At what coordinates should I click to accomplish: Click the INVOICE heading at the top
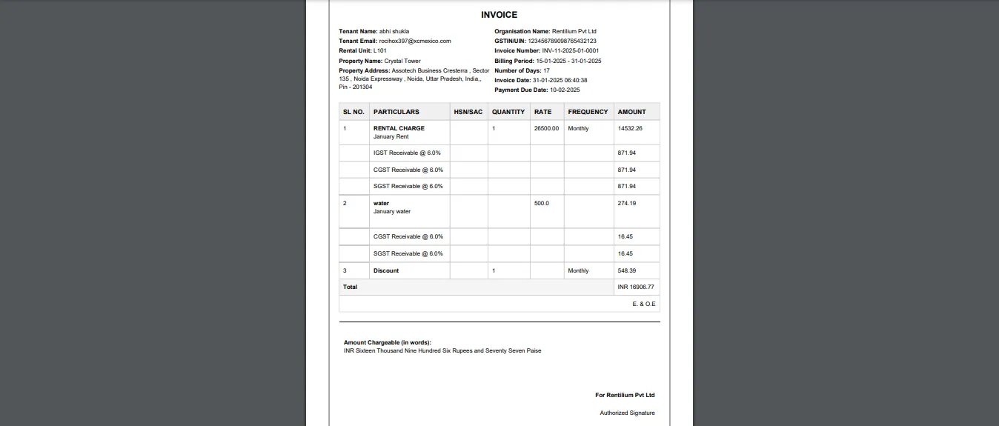pos(499,15)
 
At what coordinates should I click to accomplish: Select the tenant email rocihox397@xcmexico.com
pos(415,41)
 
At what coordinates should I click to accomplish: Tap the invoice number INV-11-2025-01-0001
pos(570,51)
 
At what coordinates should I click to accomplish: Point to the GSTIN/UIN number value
pos(562,41)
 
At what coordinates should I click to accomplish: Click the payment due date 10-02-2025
pos(565,90)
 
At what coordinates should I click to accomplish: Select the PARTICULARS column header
pos(396,112)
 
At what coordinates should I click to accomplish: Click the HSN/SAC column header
pos(468,112)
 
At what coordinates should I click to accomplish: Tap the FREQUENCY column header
pos(588,112)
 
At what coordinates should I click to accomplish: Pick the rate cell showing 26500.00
pos(546,129)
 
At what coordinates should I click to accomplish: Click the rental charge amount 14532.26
pos(630,129)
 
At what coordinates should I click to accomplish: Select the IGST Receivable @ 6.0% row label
pos(407,153)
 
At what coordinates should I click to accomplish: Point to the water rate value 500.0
pos(542,203)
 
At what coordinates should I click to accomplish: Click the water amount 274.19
pos(627,203)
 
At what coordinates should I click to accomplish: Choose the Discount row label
pos(386,271)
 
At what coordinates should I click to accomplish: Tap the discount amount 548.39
pos(627,271)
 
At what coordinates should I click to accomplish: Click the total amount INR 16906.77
pos(636,287)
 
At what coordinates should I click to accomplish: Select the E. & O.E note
pos(643,304)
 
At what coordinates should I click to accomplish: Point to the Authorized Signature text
pos(627,413)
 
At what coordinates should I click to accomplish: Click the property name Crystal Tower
pos(402,61)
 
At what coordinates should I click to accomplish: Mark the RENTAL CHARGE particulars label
pos(399,129)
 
